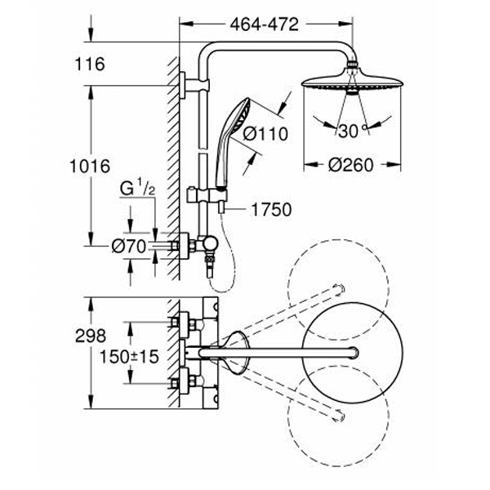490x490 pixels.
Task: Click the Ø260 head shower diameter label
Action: pyautogui.click(x=350, y=165)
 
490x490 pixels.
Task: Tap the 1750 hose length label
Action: pyautogui.click(x=269, y=211)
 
